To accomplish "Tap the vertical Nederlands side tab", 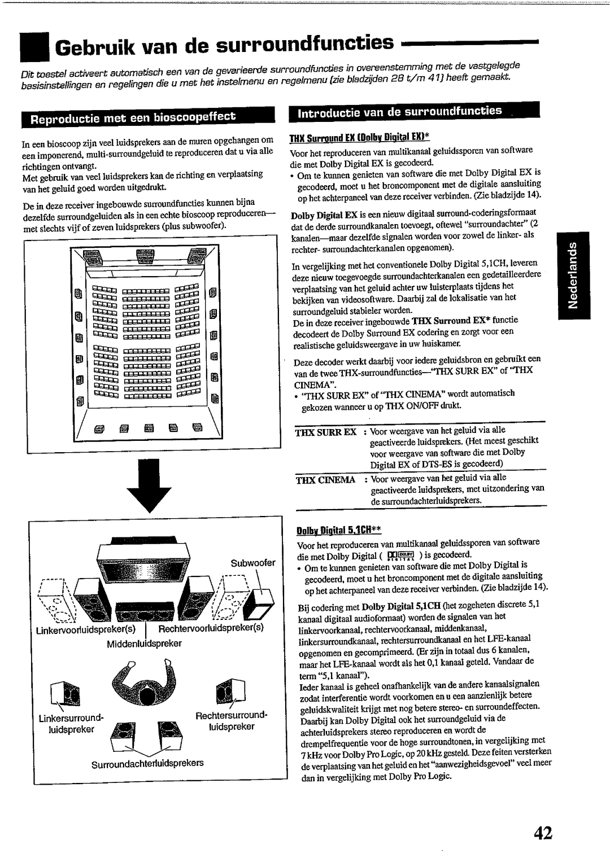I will coord(571,277).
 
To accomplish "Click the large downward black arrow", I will coord(147,485).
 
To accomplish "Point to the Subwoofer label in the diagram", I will coord(252,563).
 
